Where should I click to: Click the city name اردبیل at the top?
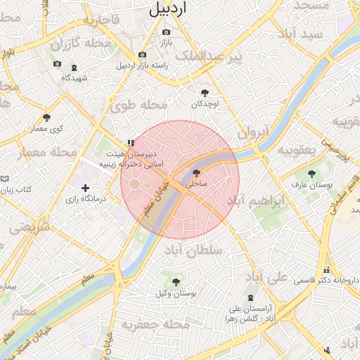click(x=169, y=9)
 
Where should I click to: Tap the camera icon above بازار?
click(x=166, y=32)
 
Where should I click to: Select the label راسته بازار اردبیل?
click(x=142, y=66)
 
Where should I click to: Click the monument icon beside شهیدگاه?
click(x=75, y=67)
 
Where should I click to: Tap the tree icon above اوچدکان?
click(x=205, y=93)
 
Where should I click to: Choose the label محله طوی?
click(x=139, y=105)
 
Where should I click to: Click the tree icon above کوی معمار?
click(x=47, y=117)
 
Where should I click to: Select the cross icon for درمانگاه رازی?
click(x=86, y=188)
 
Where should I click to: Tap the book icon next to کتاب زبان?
click(x=5, y=180)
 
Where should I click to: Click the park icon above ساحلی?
click(x=196, y=172)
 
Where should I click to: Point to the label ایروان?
click(x=252, y=131)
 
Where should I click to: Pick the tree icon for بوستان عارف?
click(x=311, y=172)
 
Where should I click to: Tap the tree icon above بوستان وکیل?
click(x=176, y=282)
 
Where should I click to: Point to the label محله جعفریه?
click(x=155, y=325)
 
